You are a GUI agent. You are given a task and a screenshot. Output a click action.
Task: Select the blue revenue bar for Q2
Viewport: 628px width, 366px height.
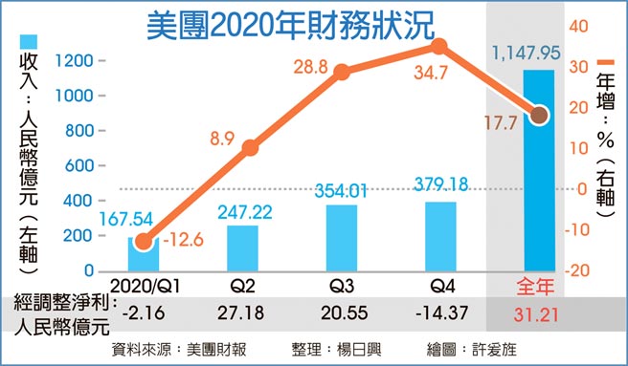(x=242, y=248)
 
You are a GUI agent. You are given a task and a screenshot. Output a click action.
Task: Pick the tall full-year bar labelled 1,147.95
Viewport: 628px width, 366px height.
(x=539, y=170)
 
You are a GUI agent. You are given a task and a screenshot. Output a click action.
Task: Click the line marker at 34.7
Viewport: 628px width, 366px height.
(x=438, y=46)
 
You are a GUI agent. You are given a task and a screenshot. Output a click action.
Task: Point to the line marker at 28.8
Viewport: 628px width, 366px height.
(x=342, y=71)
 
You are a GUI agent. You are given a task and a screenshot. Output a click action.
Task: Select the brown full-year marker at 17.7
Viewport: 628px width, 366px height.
(x=539, y=116)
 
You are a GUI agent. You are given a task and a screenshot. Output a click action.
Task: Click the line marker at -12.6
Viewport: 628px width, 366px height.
(x=143, y=242)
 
